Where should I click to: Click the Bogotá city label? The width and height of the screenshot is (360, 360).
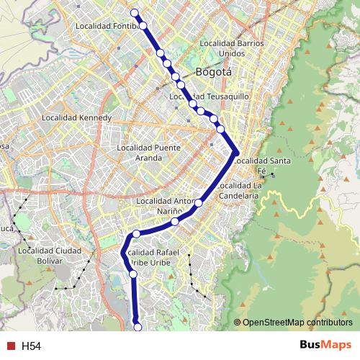coord(214,72)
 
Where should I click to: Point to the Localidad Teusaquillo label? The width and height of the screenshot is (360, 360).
coord(210,96)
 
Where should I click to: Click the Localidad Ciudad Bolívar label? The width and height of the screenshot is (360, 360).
coord(50,256)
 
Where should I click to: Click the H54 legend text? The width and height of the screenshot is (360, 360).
coord(31,346)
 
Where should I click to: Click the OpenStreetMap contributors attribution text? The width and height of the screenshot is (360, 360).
coord(297,323)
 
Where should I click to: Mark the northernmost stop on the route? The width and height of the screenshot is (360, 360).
coord(134,12)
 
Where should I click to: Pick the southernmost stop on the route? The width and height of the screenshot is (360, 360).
coord(138,328)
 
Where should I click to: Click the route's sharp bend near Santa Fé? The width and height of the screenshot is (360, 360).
coord(235,152)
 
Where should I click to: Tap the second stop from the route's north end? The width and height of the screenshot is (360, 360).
coord(143,26)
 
